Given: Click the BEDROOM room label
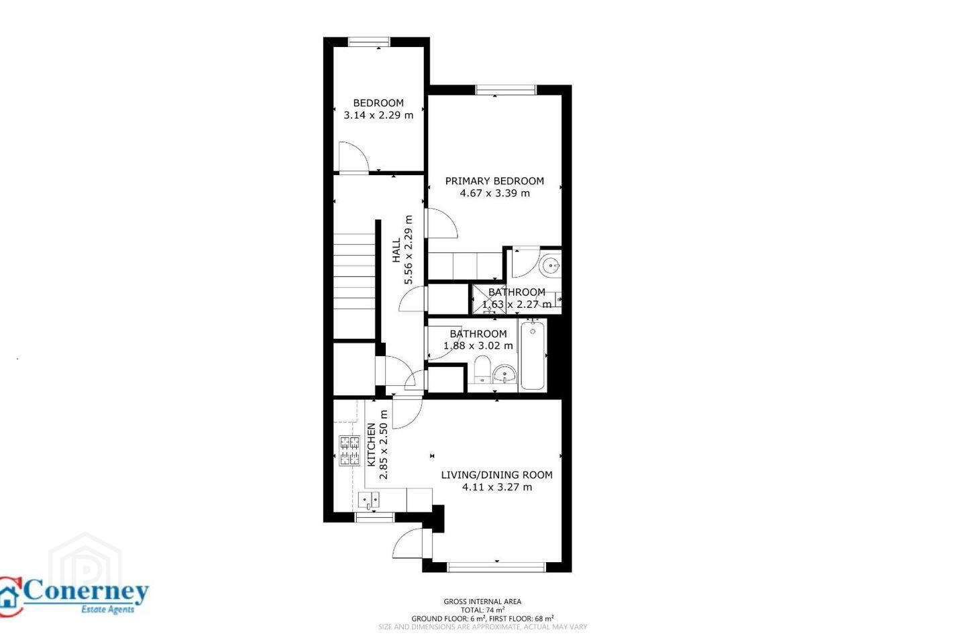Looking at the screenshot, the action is click(x=378, y=103).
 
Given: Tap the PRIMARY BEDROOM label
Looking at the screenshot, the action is click(x=494, y=181).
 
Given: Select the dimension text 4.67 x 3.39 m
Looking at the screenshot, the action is click(x=494, y=193).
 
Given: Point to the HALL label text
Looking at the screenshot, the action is click(x=396, y=250).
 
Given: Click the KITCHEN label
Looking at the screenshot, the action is click(x=371, y=445).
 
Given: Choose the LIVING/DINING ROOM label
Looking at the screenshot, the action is click(x=497, y=475).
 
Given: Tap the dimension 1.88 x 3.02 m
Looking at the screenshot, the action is click(x=478, y=345).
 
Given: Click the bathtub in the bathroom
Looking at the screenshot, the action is click(x=533, y=356).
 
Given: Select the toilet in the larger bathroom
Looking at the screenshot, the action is click(x=482, y=370).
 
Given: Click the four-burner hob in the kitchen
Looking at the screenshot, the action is click(x=350, y=451).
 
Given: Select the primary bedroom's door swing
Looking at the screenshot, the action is click(x=442, y=223).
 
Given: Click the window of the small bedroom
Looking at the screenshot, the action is click(x=369, y=42).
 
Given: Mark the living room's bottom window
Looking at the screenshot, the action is click(x=497, y=567).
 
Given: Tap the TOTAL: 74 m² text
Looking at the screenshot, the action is click(x=482, y=610).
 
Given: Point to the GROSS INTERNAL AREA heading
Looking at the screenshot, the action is click(x=482, y=601).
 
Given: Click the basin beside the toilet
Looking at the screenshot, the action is click(x=505, y=374).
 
